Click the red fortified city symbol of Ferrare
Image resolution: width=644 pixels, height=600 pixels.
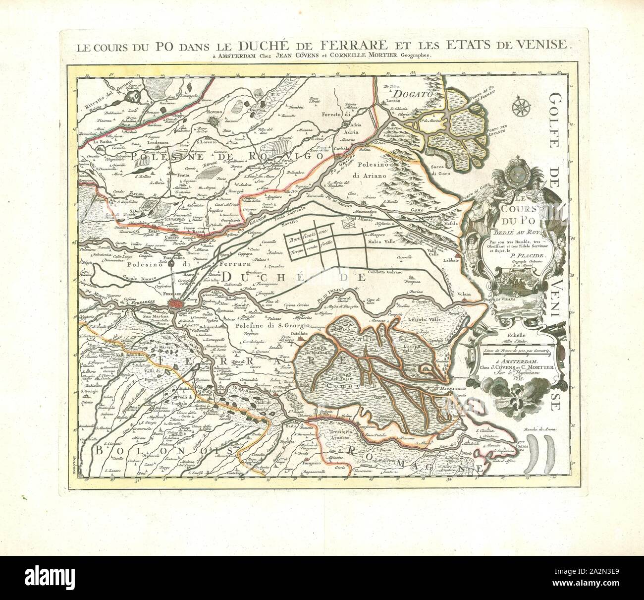[x=176, y=302]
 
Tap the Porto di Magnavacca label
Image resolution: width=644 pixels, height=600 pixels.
[x=448, y=383]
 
